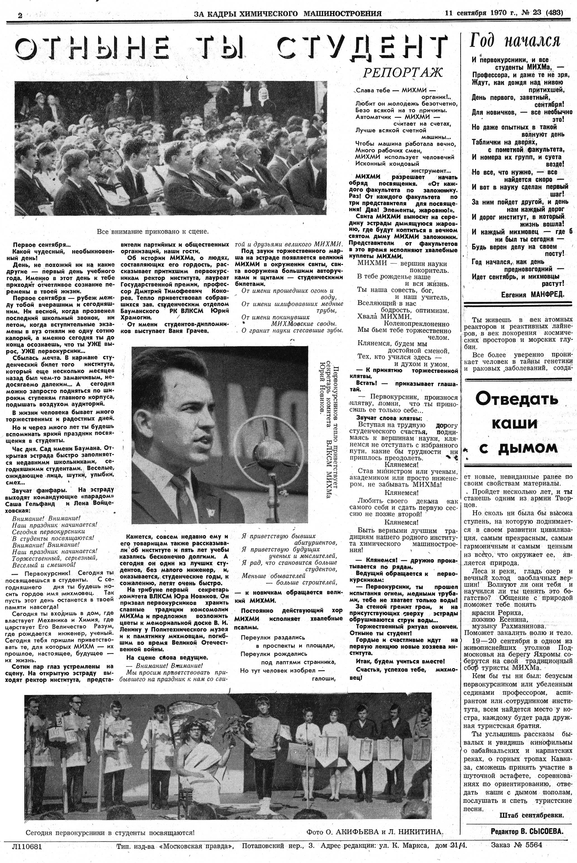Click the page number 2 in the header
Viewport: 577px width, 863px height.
(x=20, y=15)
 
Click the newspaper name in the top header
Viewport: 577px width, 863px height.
(x=287, y=14)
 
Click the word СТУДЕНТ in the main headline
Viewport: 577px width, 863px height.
(x=362, y=48)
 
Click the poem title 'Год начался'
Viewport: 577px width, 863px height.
(x=514, y=41)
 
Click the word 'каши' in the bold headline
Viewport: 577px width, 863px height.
(x=514, y=424)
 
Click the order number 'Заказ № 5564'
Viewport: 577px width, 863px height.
(x=516, y=845)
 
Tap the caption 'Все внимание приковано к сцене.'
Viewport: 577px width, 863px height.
(x=153, y=231)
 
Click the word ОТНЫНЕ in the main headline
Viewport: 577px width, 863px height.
(x=92, y=48)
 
